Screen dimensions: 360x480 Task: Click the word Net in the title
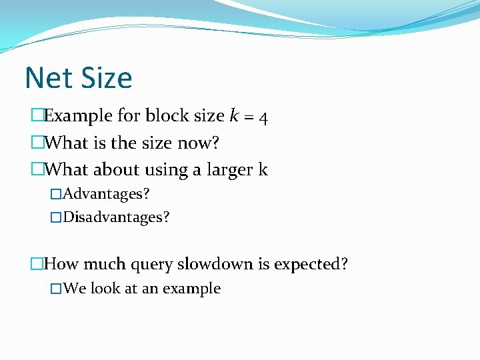click(x=49, y=78)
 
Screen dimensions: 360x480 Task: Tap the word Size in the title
click(x=107, y=78)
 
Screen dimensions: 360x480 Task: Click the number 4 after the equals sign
click(x=264, y=118)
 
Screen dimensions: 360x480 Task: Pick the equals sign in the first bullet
click(x=248, y=117)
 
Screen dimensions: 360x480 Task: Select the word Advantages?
click(x=107, y=195)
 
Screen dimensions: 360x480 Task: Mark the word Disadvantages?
click(x=117, y=217)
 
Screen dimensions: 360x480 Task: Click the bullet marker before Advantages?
click(x=56, y=195)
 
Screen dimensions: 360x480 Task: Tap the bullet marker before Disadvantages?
click(x=56, y=217)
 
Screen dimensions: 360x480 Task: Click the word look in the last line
click(x=105, y=289)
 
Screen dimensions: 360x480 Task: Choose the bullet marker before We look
click(x=56, y=289)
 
